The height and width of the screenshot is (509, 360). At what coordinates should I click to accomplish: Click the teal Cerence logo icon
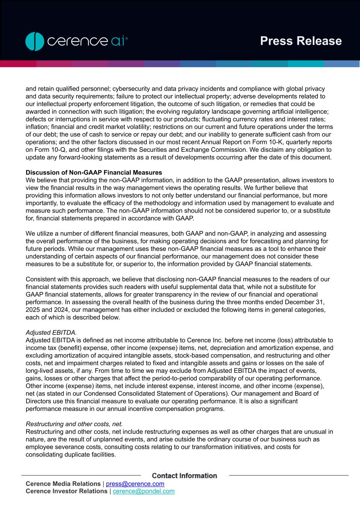pos(35,41)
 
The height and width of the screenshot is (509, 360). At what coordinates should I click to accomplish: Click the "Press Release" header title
pos(301,41)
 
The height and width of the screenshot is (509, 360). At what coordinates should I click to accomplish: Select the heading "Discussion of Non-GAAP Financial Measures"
pos(94,173)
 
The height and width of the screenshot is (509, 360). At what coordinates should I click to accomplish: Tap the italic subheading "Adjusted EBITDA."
pos(51,333)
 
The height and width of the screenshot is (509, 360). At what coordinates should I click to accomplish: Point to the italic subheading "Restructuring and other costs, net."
pos(74,424)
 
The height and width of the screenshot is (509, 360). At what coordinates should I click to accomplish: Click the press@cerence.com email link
pos(135,484)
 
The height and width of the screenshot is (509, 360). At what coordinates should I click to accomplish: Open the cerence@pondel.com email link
pos(143,491)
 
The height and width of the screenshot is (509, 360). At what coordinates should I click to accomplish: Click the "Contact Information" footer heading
pos(184,476)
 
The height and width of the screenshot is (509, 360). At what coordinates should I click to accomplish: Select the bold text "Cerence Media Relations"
pos(63,484)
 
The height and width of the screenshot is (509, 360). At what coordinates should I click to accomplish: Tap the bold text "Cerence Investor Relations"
pos(66,491)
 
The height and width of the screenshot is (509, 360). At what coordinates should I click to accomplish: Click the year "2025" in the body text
pos(32,310)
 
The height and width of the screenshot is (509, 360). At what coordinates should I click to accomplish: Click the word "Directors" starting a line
pos(39,401)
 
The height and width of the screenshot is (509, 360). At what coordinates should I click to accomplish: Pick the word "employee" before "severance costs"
pos(40,447)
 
